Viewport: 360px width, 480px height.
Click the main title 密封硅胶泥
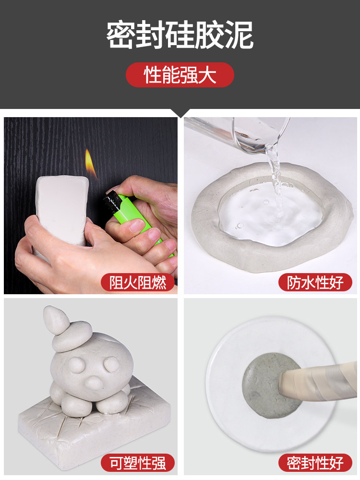(180, 35)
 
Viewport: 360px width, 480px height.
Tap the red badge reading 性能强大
(180, 75)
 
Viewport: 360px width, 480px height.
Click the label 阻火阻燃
(138, 282)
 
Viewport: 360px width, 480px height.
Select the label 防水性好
(315, 282)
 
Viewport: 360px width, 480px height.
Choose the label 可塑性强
(138, 463)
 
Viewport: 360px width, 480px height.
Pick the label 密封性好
(315, 463)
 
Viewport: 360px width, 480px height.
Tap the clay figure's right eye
(112, 364)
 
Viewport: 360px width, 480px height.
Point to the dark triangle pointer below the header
(180, 113)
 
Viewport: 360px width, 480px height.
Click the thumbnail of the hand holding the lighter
(91, 205)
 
